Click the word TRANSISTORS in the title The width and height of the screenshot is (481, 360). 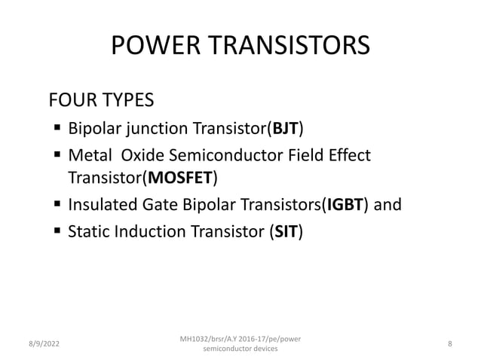[286, 47]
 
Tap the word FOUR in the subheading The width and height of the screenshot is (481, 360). [70, 100]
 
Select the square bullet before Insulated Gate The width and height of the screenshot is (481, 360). [57, 205]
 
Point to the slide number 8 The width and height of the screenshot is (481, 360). [449, 344]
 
